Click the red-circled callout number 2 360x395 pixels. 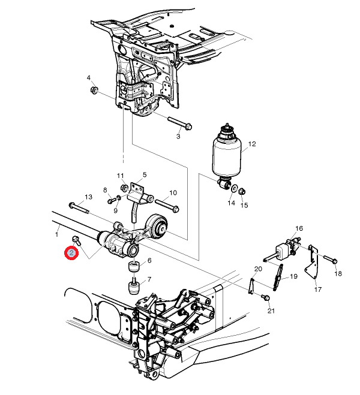[71, 253]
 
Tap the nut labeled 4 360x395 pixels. [94, 91]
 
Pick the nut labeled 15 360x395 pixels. [242, 191]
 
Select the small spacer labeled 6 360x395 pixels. [134, 267]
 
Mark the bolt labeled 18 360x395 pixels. [333, 261]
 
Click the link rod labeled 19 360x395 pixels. [279, 278]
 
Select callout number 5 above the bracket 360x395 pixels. [144, 175]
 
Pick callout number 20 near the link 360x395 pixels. [258, 268]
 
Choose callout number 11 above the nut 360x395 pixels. [120, 176]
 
